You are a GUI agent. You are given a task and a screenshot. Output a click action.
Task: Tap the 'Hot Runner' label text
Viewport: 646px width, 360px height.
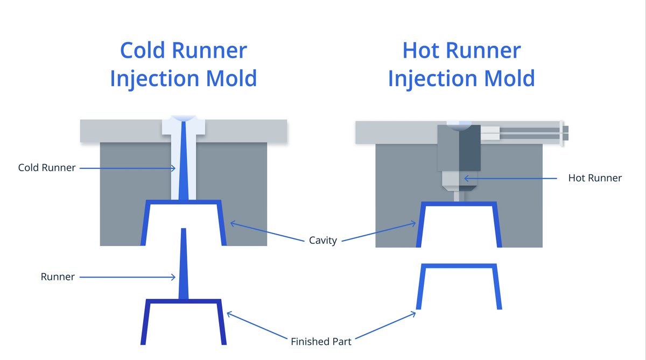[x=595, y=178]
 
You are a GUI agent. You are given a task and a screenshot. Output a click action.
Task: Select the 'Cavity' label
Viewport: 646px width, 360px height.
[x=323, y=240]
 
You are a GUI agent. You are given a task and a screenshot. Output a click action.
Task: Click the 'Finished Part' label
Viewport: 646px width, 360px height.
[x=321, y=341]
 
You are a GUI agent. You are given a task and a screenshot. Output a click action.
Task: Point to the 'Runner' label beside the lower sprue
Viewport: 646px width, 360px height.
[x=58, y=277]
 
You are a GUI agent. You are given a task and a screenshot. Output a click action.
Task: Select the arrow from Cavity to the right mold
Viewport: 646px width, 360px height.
[x=380, y=231]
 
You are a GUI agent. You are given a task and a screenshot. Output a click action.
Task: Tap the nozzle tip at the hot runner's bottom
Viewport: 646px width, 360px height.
[x=458, y=195]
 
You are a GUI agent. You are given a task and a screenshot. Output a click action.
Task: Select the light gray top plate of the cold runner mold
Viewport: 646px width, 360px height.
[x=118, y=131]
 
